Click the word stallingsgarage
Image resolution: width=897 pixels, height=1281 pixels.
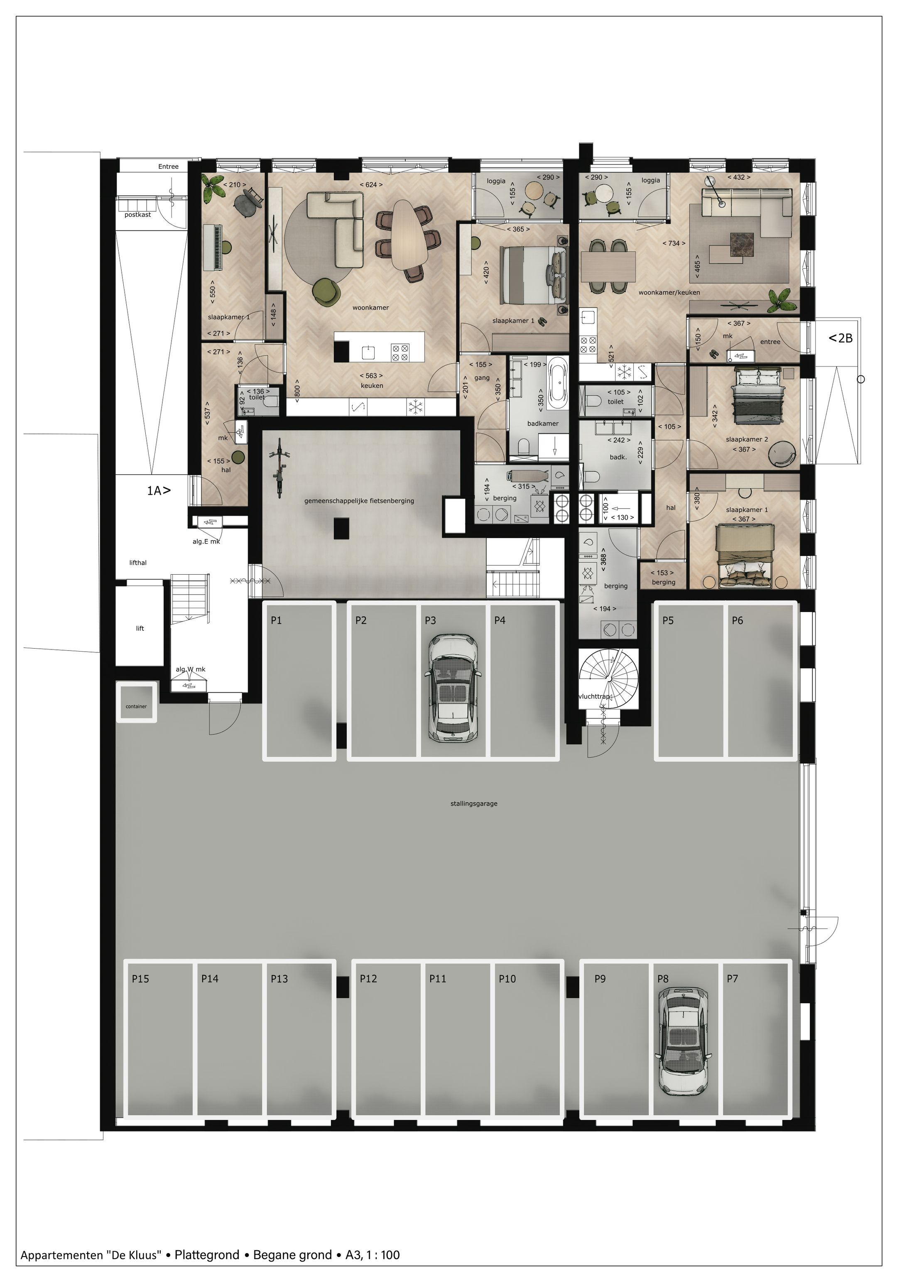[x=473, y=804]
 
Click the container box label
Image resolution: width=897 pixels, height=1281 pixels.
[x=136, y=706]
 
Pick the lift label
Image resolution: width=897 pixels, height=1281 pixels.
[x=140, y=628]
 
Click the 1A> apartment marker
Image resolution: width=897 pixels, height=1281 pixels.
[x=158, y=491]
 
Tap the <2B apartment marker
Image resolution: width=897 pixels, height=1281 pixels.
[x=840, y=338]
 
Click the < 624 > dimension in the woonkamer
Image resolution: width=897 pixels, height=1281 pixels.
[x=371, y=185]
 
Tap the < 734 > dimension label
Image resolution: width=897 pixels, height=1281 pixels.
[x=674, y=243]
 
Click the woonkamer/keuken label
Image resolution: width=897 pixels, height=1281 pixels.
[x=669, y=292]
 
